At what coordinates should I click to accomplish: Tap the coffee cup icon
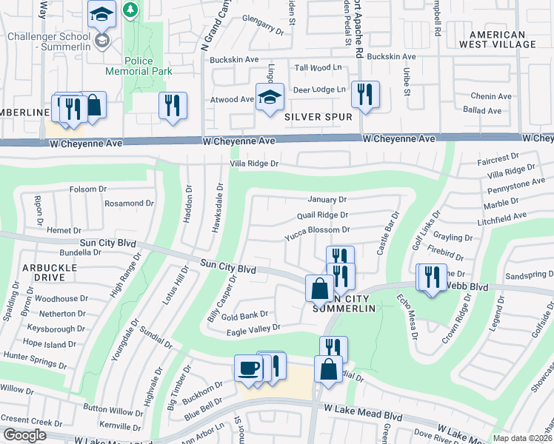248,368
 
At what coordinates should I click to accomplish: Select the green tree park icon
130,10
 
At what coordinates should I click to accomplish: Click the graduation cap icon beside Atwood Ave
270,97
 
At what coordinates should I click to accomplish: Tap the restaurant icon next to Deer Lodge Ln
365,94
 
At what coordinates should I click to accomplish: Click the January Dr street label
327,200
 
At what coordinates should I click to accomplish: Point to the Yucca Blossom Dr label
318,230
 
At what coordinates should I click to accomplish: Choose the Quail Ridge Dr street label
322,215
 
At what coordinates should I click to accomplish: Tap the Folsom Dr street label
87,189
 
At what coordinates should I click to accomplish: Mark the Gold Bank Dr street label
238,315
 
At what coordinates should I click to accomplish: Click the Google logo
24,435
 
